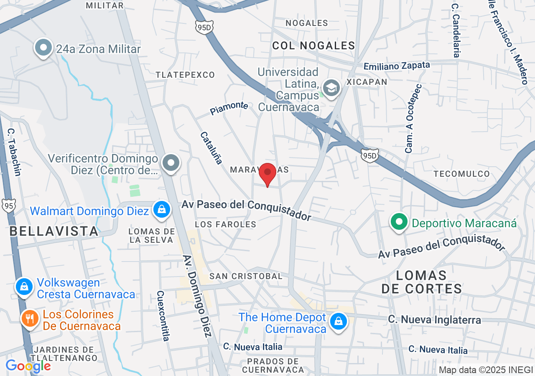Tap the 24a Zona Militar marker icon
[43, 48]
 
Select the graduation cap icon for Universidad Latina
[331, 88]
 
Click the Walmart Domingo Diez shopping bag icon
[161, 209]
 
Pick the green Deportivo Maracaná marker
[399, 221]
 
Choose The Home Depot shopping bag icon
[338, 322]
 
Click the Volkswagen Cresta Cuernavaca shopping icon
[24, 287]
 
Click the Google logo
[28, 366]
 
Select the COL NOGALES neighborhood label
[313, 46]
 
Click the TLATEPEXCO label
[185, 75]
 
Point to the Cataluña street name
[211, 148]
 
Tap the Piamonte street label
[229, 108]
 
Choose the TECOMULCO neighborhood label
[461, 174]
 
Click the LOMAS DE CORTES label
[421, 282]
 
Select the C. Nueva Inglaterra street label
[435, 320]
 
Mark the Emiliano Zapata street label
[397, 66]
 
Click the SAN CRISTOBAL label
[246, 276]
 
